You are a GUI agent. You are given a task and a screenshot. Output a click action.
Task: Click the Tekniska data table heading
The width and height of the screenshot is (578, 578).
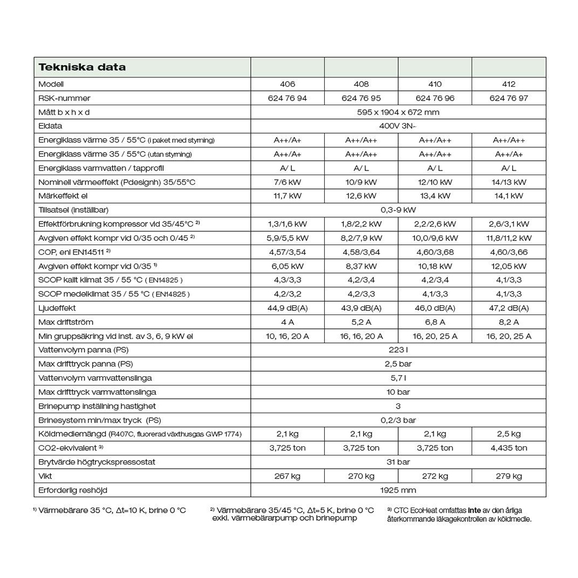(82, 67)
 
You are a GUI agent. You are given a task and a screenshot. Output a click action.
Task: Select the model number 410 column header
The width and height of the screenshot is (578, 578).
(435, 84)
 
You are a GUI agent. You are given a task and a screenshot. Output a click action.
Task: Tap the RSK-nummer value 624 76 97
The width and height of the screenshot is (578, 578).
(509, 98)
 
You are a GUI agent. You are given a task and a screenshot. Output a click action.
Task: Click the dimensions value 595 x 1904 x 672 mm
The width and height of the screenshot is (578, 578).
(398, 112)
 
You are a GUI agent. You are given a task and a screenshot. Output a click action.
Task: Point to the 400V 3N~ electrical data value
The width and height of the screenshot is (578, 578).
(398, 126)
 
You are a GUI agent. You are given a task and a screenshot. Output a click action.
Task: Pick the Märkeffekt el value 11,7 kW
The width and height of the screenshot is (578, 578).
(288, 196)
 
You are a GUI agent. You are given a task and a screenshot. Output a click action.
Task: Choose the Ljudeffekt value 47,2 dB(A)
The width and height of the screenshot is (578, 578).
(509, 308)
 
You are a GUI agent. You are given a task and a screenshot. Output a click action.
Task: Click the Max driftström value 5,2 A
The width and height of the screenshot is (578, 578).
(361, 322)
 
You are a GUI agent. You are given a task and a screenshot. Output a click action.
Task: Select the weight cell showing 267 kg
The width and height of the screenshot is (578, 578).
(288, 476)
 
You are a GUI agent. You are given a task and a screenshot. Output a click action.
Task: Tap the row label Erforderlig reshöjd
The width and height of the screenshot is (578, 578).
(73, 490)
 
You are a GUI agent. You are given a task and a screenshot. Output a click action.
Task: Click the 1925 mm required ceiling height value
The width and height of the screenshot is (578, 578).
(398, 490)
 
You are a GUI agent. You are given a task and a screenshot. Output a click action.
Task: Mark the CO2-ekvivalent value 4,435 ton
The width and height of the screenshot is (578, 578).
(509, 448)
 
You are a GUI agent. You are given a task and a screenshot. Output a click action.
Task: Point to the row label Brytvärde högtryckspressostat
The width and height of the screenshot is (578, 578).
(97, 462)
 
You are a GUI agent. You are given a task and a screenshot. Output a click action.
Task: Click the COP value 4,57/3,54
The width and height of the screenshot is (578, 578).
(288, 252)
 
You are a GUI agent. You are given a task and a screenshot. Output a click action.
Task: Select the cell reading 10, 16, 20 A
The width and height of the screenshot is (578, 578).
(288, 336)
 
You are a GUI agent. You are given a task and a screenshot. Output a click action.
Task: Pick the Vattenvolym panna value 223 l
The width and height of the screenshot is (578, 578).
(398, 350)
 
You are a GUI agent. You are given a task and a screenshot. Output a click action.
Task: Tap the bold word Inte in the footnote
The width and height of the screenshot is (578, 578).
(474, 510)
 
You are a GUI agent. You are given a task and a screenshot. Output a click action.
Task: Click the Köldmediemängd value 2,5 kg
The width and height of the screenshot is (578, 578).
(509, 434)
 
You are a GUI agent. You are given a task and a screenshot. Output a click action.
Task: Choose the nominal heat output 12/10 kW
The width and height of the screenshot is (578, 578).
(435, 182)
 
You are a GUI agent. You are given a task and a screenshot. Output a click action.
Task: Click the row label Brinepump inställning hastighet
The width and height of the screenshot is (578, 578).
(97, 406)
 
